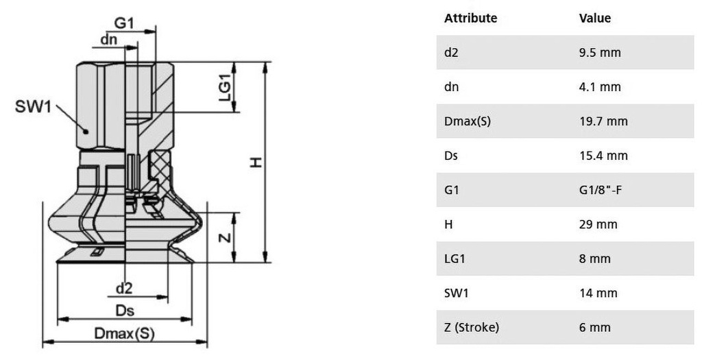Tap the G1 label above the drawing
[124, 22]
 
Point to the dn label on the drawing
[108, 40]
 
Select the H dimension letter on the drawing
[255, 162]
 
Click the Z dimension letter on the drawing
[223, 237]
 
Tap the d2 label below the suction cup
[124, 287]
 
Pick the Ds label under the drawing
[124, 310]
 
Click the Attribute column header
[470, 19]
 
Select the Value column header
[594, 19]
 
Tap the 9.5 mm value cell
[600, 53]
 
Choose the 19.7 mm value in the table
[603, 121]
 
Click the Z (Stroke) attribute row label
[471, 327]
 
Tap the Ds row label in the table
[451, 156]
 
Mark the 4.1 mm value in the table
[600, 87]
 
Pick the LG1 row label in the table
[454, 259]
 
